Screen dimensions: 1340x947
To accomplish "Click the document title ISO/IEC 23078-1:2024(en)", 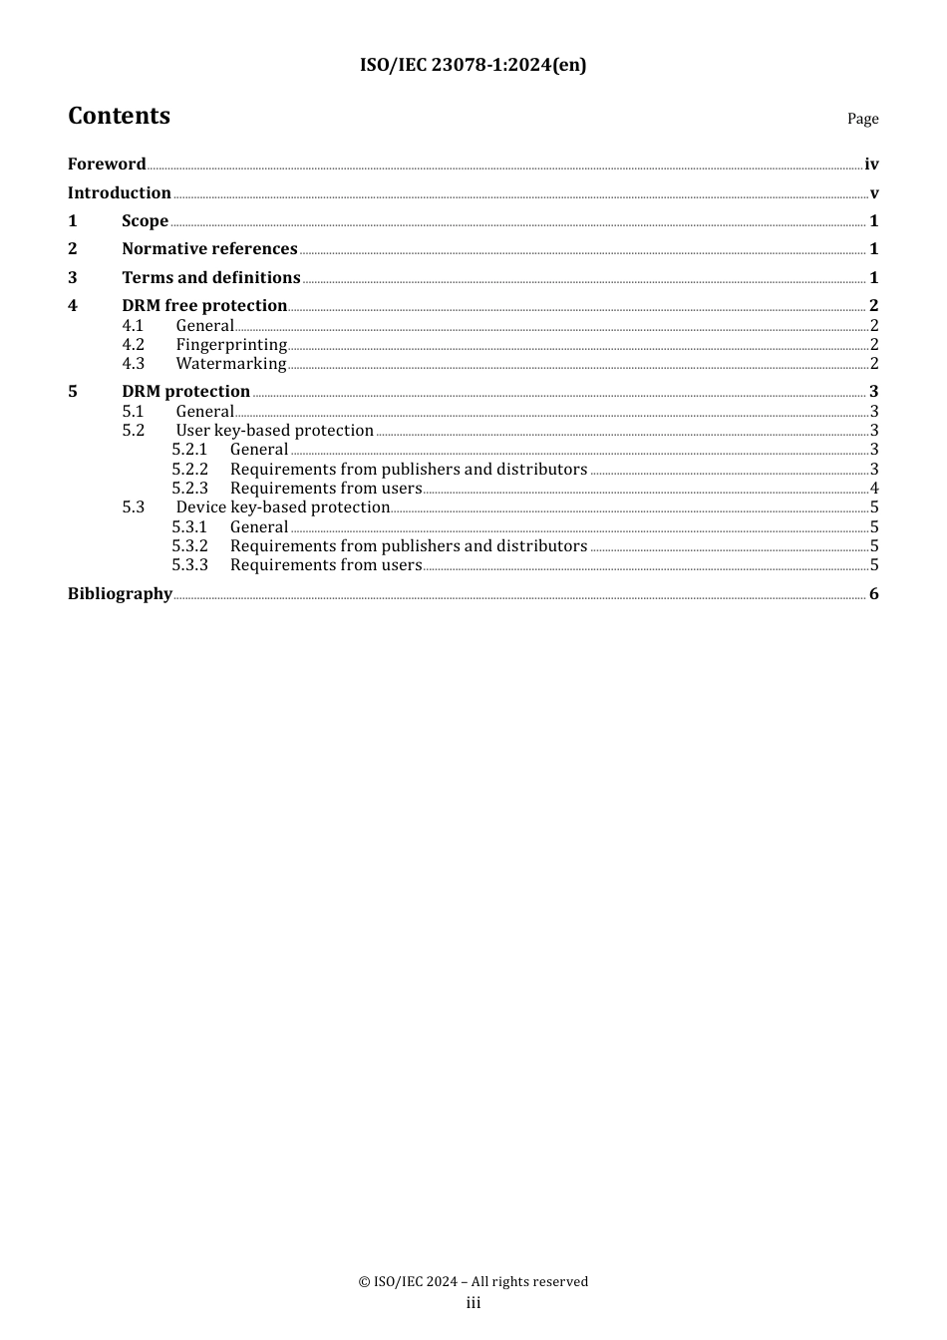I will pyautogui.click(x=473, y=65).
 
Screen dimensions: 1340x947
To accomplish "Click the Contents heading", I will pyautogui.click(x=119, y=116).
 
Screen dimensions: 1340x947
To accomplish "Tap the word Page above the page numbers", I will pyautogui.click(x=862, y=119).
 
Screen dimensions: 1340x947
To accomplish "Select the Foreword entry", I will pyautogui.click(x=107, y=165).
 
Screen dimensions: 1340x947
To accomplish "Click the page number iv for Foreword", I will pyautogui.click(x=871, y=165).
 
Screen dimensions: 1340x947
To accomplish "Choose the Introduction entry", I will pyautogui.click(x=119, y=193).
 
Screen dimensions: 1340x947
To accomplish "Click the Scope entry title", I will pyautogui.click(x=145, y=221).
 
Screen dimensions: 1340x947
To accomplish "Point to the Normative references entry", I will pyautogui.click(x=209, y=249).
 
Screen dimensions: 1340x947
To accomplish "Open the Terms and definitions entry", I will pyautogui.click(x=210, y=278).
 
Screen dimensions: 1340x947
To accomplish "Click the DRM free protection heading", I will pyautogui.click(x=204, y=306).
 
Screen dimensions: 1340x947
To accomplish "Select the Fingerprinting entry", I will pyautogui.click(x=231, y=345).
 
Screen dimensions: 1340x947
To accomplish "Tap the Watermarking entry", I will pyautogui.click(x=230, y=364).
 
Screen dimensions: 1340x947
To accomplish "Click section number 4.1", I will pyautogui.click(x=134, y=326).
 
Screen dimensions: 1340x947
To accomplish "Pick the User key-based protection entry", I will pyautogui.click(x=274, y=431).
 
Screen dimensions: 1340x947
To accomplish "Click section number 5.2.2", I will pyautogui.click(x=189, y=470).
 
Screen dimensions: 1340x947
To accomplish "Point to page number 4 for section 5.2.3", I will pyautogui.click(x=874, y=489).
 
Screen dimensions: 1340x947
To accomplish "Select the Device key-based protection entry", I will pyautogui.click(x=282, y=507).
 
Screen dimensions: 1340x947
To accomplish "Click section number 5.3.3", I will pyautogui.click(x=189, y=565).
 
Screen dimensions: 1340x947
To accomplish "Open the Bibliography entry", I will pyautogui.click(x=120, y=594).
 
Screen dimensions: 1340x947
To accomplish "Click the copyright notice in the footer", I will pyautogui.click(x=473, y=1281).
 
